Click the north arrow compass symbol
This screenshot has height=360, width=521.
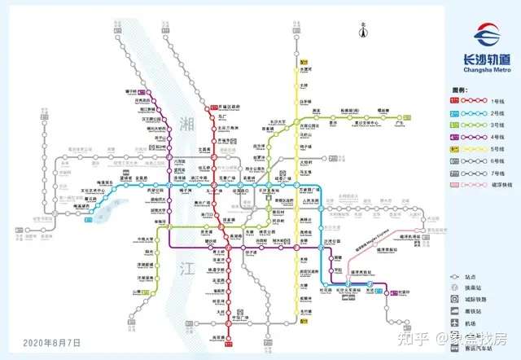tap(363, 30)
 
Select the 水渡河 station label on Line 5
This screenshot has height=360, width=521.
tap(306, 71)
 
